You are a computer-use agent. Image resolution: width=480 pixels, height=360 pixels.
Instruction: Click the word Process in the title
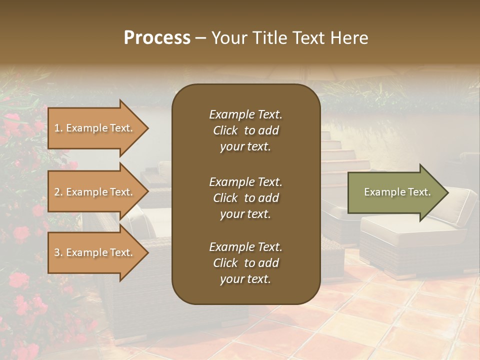tap(157, 38)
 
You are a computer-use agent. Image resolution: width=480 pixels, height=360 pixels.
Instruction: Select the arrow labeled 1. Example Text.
tap(95, 128)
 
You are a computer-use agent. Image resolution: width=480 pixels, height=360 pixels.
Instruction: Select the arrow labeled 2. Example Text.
tap(95, 192)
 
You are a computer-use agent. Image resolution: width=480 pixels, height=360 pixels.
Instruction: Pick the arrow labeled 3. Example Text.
tap(95, 252)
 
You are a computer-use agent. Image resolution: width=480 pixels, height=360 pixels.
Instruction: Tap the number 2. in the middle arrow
tap(58, 192)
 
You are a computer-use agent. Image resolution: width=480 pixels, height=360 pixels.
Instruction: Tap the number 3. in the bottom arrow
tap(58, 252)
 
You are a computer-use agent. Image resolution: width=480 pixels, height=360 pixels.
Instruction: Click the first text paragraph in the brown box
tap(245, 130)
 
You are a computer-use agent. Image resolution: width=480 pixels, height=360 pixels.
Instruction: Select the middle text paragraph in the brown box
tap(245, 198)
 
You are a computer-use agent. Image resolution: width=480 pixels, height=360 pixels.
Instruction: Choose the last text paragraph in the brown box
tap(245, 263)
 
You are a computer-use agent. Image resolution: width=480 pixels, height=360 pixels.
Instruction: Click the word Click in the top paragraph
tap(225, 130)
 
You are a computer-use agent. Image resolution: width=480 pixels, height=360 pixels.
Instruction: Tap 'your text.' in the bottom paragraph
tap(245, 279)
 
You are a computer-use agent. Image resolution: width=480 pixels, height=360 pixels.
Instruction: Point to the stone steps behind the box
tap(345, 155)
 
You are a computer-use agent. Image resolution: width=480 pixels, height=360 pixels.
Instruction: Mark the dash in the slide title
tap(200, 38)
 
